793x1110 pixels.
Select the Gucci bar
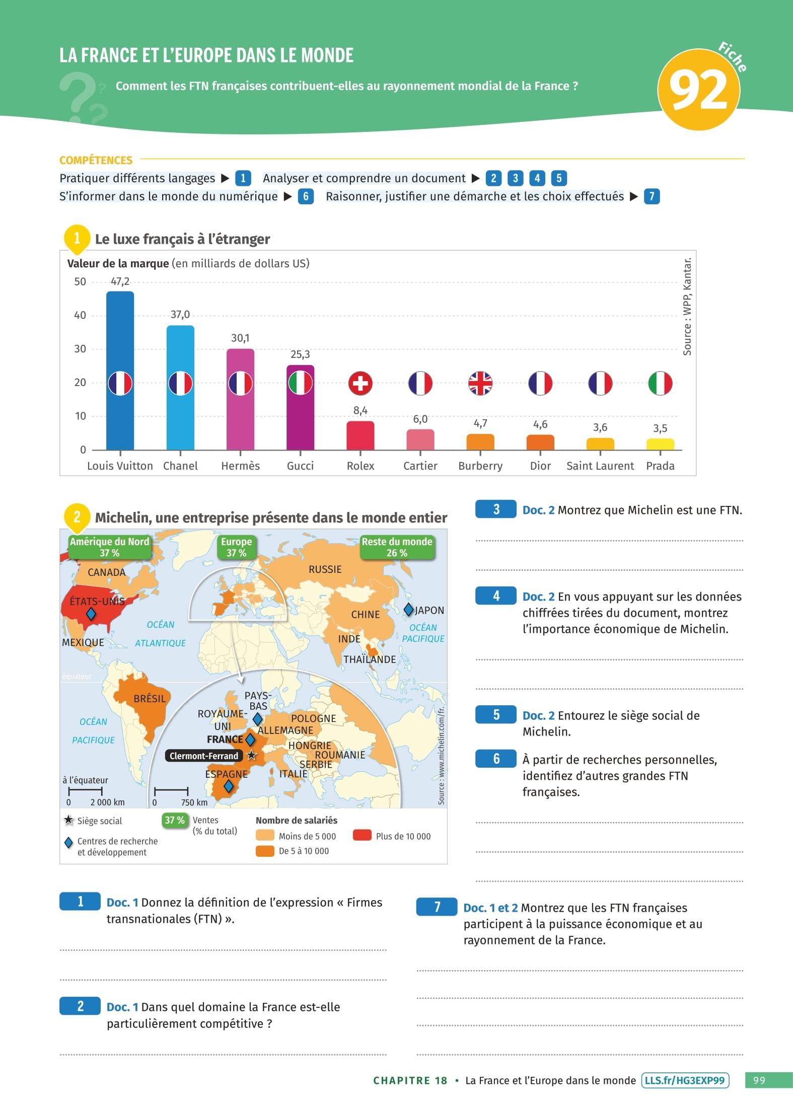coord(300,418)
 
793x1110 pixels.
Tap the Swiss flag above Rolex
coord(360,384)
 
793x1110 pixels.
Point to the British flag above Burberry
coord(480,384)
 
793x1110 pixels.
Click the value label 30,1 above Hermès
coord(240,338)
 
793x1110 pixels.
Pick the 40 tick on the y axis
coord(80,316)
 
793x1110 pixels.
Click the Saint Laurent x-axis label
coord(600,466)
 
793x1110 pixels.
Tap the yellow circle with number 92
coord(699,90)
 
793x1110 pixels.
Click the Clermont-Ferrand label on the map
coord(204,756)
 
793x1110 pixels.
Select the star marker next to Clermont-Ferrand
coord(251,756)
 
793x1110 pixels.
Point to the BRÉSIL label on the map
coord(150,699)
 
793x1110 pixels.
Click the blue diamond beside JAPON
coord(409,610)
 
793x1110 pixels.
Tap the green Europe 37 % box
coord(236,547)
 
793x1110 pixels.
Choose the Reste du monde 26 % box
coord(397,547)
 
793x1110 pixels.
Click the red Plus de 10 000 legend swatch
coord(362,836)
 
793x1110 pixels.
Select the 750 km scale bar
coord(171,791)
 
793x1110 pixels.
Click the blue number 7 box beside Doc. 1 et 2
coord(437,907)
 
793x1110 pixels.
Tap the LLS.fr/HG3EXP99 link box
coord(685,1081)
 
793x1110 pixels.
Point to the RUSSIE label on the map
coord(325,569)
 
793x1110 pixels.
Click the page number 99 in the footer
coord(759,1081)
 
